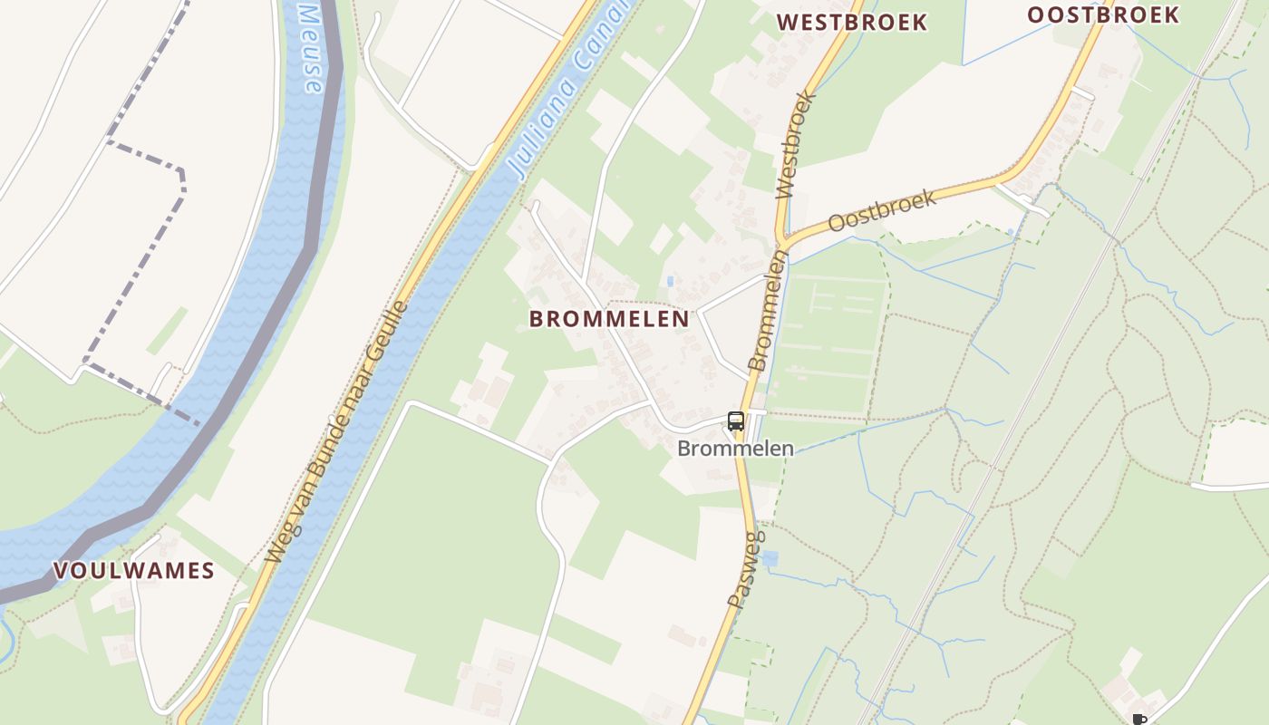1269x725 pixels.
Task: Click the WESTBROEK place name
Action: click(x=851, y=22)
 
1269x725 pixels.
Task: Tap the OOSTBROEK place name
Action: click(x=1103, y=14)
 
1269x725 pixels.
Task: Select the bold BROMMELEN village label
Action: click(x=609, y=319)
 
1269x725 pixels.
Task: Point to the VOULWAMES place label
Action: click(x=134, y=571)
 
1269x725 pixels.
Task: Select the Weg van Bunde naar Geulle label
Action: click(x=336, y=433)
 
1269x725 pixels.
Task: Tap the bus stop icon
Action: click(x=735, y=421)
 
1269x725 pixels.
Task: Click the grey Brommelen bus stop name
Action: click(x=735, y=449)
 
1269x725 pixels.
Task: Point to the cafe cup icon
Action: click(x=1138, y=720)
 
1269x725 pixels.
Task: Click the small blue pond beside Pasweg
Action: click(x=770, y=558)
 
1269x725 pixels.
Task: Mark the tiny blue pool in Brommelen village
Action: click(x=670, y=282)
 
